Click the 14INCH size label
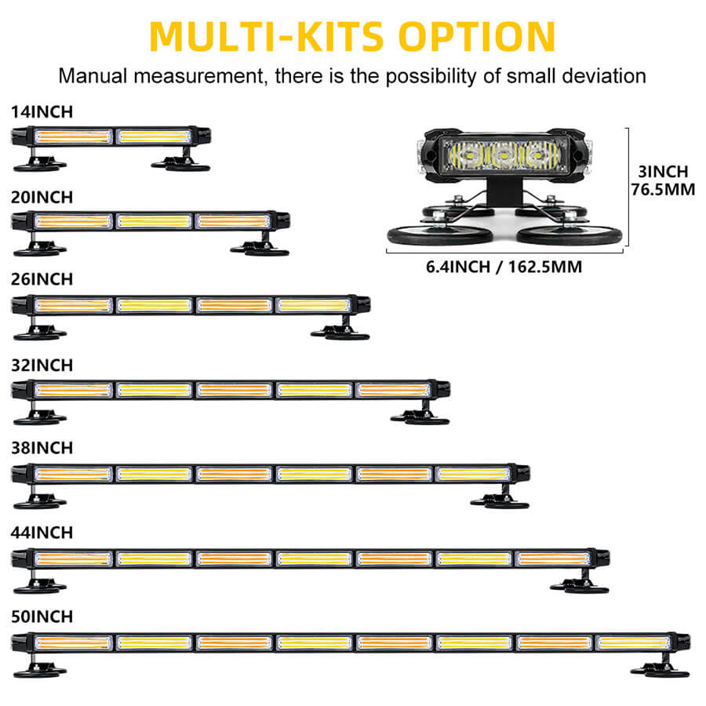point(42,112)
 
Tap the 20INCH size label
point(42,196)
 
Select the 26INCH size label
point(42,279)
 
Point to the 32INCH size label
point(42,365)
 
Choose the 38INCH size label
point(42,448)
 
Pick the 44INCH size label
point(42,533)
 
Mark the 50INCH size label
point(42,617)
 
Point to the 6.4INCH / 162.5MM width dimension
point(504,267)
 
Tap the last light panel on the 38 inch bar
point(472,474)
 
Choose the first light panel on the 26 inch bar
point(73,305)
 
